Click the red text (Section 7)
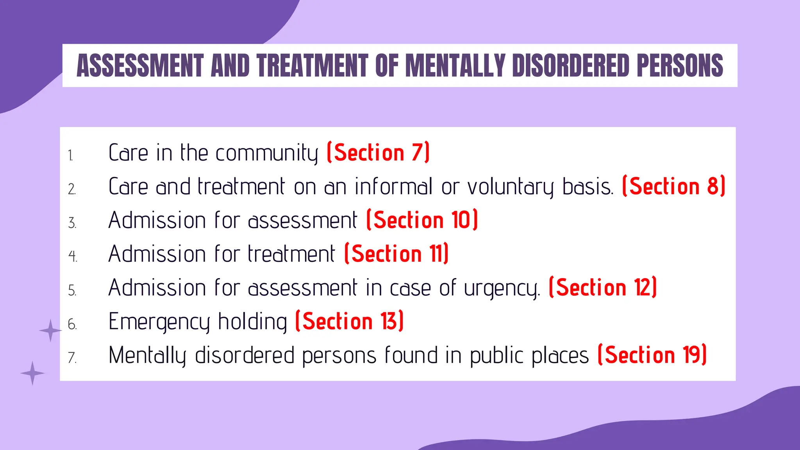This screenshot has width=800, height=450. click(378, 152)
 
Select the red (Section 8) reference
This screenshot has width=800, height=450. click(673, 186)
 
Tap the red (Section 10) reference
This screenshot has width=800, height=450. click(422, 220)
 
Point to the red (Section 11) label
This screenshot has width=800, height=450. click(396, 254)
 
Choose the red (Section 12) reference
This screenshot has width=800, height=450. click(602, 288)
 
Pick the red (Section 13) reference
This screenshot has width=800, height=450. click(349, 321)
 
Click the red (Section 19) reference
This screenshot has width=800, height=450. click(652, 355)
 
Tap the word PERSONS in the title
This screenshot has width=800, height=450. click(680, 66)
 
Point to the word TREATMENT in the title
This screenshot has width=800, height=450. click(312, 66)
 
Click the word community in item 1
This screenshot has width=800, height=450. click(267, 153)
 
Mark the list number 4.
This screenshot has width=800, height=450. click(72, 256)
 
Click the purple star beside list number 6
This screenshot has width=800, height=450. click(50, 330)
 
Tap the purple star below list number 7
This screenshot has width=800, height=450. click(32, 373)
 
